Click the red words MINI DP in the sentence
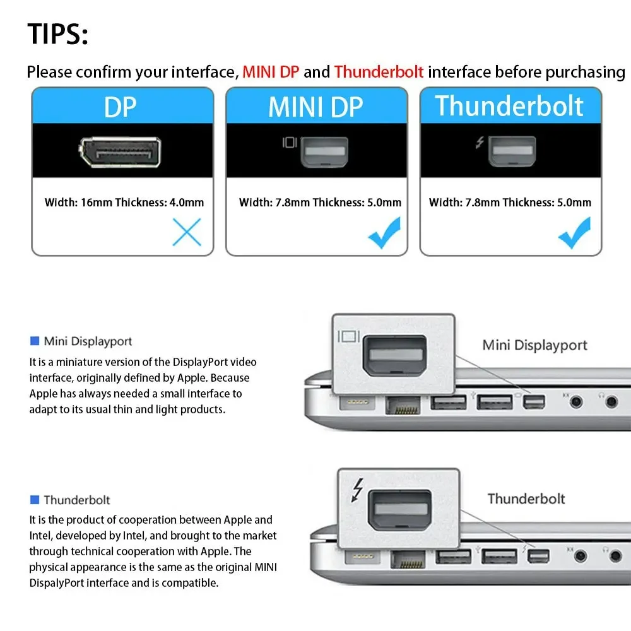point(271,72)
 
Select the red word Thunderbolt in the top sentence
point(379,72)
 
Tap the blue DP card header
point(121,107)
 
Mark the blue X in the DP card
point(187,232)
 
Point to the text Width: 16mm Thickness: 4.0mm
point(124,203)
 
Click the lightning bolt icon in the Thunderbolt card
point(480,143)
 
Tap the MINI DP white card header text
point(315,107)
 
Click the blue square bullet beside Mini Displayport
point(35,341)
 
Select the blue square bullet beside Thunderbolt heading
point(35,500)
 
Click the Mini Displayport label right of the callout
point(534,345)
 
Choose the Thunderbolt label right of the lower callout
point(526,499)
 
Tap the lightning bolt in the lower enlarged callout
point(358,491)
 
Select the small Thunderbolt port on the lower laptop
point(539,557)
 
